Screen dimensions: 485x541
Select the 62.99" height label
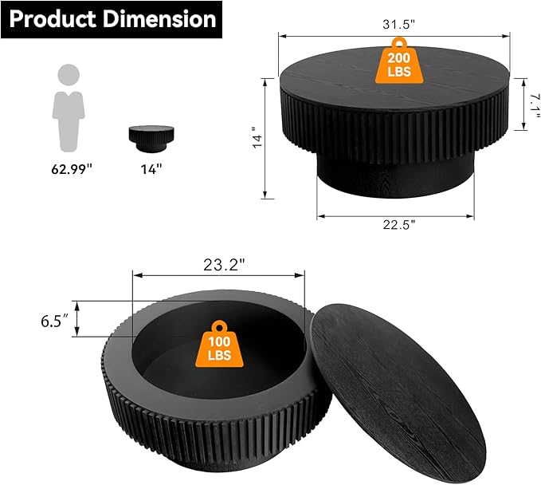coord(69,168)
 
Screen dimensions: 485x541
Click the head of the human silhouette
coord(69,77)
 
